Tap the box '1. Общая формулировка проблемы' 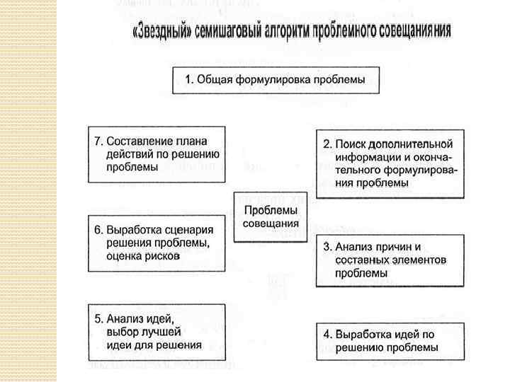tap(276, 80)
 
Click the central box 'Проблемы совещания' tap(271, 216)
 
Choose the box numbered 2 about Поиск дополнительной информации tap(390, 163)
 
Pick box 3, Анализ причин tap(390, 260)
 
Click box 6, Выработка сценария tap(157, 243)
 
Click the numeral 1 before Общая tap(188, 80)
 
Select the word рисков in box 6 tap(164, 256)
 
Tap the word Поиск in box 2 tap(350, 144)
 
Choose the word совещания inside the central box tap(271, 224)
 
